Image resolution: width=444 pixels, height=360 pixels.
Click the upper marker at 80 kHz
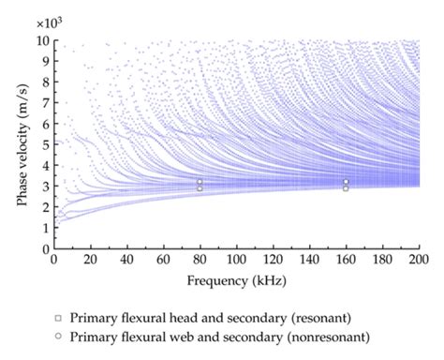click(200, 182)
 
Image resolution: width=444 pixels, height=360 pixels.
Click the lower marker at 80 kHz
click(200, 188)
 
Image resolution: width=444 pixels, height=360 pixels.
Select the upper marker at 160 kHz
click(346, 182)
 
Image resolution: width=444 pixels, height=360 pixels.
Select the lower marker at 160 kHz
click(346, 188)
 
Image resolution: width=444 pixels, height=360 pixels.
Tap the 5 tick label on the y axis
click(44, 145)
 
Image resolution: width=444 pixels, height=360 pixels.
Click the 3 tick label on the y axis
click(44, 187)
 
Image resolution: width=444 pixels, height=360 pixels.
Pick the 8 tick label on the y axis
click(44, 82)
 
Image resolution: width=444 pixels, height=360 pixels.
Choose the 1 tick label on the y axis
click(44, 229)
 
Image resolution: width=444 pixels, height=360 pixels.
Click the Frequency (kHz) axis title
click(236, 279)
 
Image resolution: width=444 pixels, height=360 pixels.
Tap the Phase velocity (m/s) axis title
click(18, 145)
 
